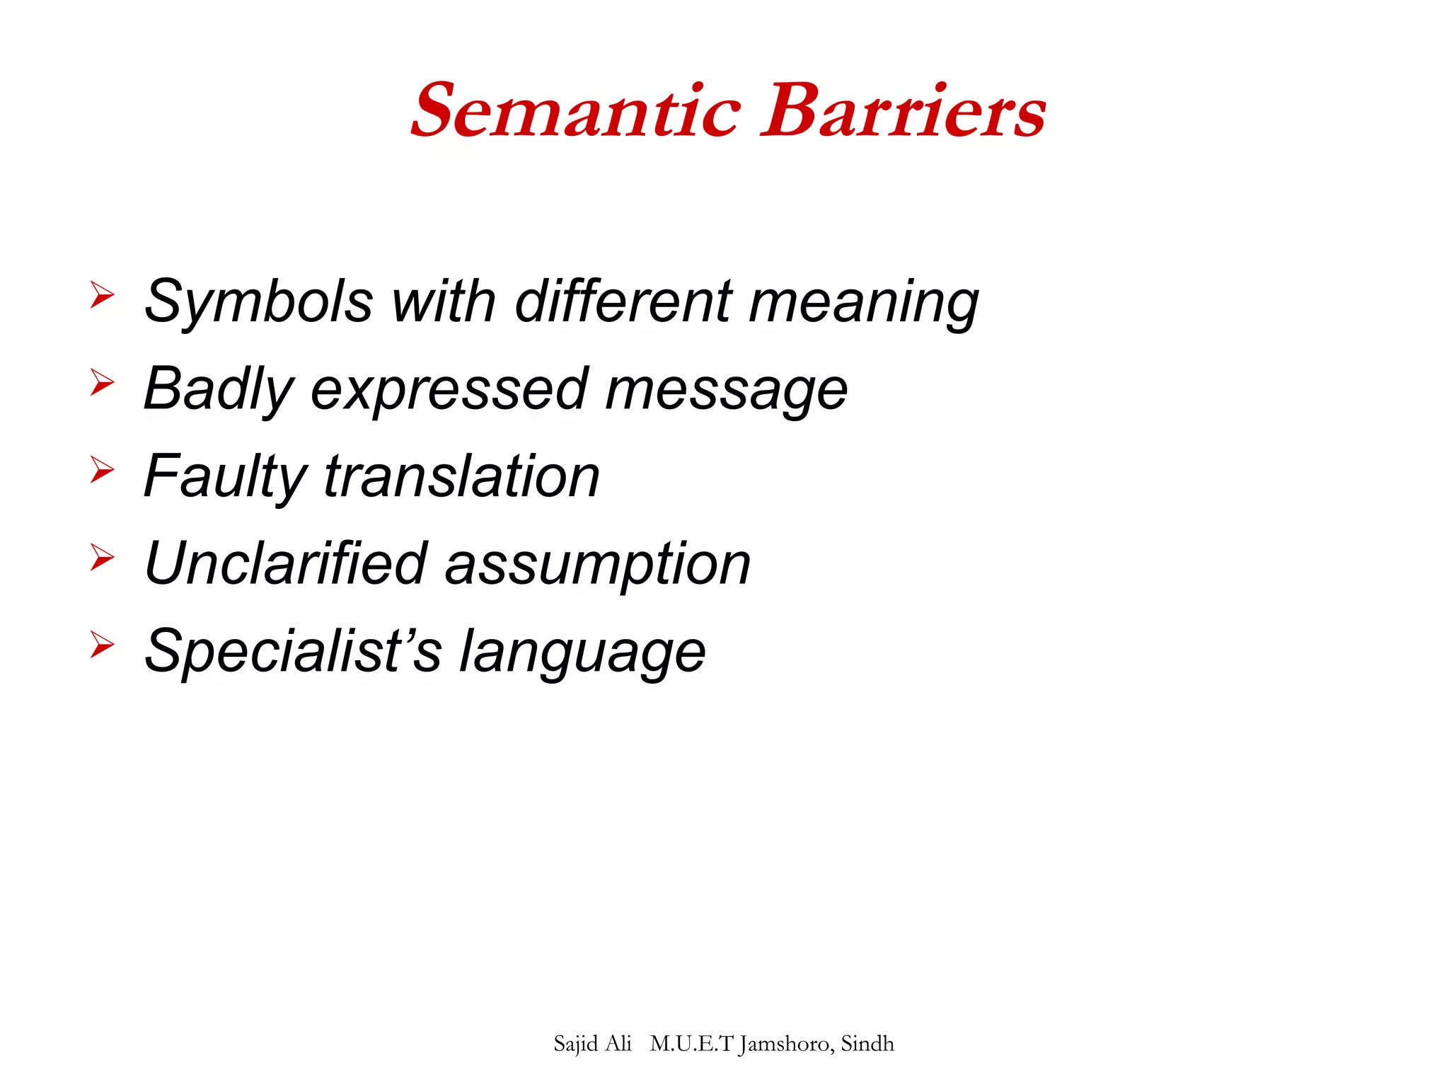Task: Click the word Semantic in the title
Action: pos(576,111)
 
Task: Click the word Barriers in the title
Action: pos(903,111)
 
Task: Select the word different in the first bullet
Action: pos(623,301)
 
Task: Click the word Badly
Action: pos(218,390)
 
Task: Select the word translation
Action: pos(462,477)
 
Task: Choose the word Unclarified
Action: pos(286,564)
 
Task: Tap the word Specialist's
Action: pos(292,651)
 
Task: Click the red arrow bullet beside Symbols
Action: pos(102,294)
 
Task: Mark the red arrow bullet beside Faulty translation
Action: pos(102,470)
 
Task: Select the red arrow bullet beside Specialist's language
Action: pos(102,645)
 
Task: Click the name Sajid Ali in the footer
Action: pos(592,1044)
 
